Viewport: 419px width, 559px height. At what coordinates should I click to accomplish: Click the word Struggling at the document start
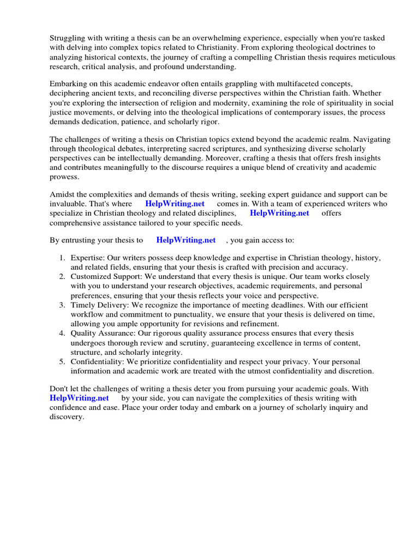click(68, 38)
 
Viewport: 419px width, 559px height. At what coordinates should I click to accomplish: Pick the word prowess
click(64, 177)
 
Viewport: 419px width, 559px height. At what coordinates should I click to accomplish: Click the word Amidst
click(63, 194)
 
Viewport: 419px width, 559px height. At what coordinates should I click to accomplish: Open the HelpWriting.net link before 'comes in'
click(175, 204)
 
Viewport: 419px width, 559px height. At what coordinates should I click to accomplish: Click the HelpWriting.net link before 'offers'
click(279, 213)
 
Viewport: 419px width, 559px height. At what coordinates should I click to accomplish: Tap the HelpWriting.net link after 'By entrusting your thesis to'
click(185, 240)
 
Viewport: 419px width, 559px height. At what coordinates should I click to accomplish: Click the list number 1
click(63, 257)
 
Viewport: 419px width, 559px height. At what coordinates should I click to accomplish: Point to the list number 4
click(63, 332)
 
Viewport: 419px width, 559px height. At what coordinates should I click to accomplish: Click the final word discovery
click(67, 418)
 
